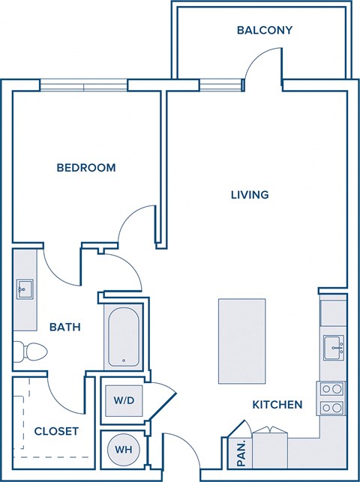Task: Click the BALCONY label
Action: (x=264, y=31)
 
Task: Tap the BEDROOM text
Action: (x=86, y=168)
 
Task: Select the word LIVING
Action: (x=250, y=195)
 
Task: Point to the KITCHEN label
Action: (x=277, y=405)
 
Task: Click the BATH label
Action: (x=65, y=328)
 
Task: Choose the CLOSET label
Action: (x=56, y=431)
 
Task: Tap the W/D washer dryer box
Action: (x=123, y=400)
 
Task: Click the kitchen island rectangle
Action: (x=241, y=340)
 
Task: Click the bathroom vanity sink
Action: (x=24, y=288)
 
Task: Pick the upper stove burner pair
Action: (x=332, y=388)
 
